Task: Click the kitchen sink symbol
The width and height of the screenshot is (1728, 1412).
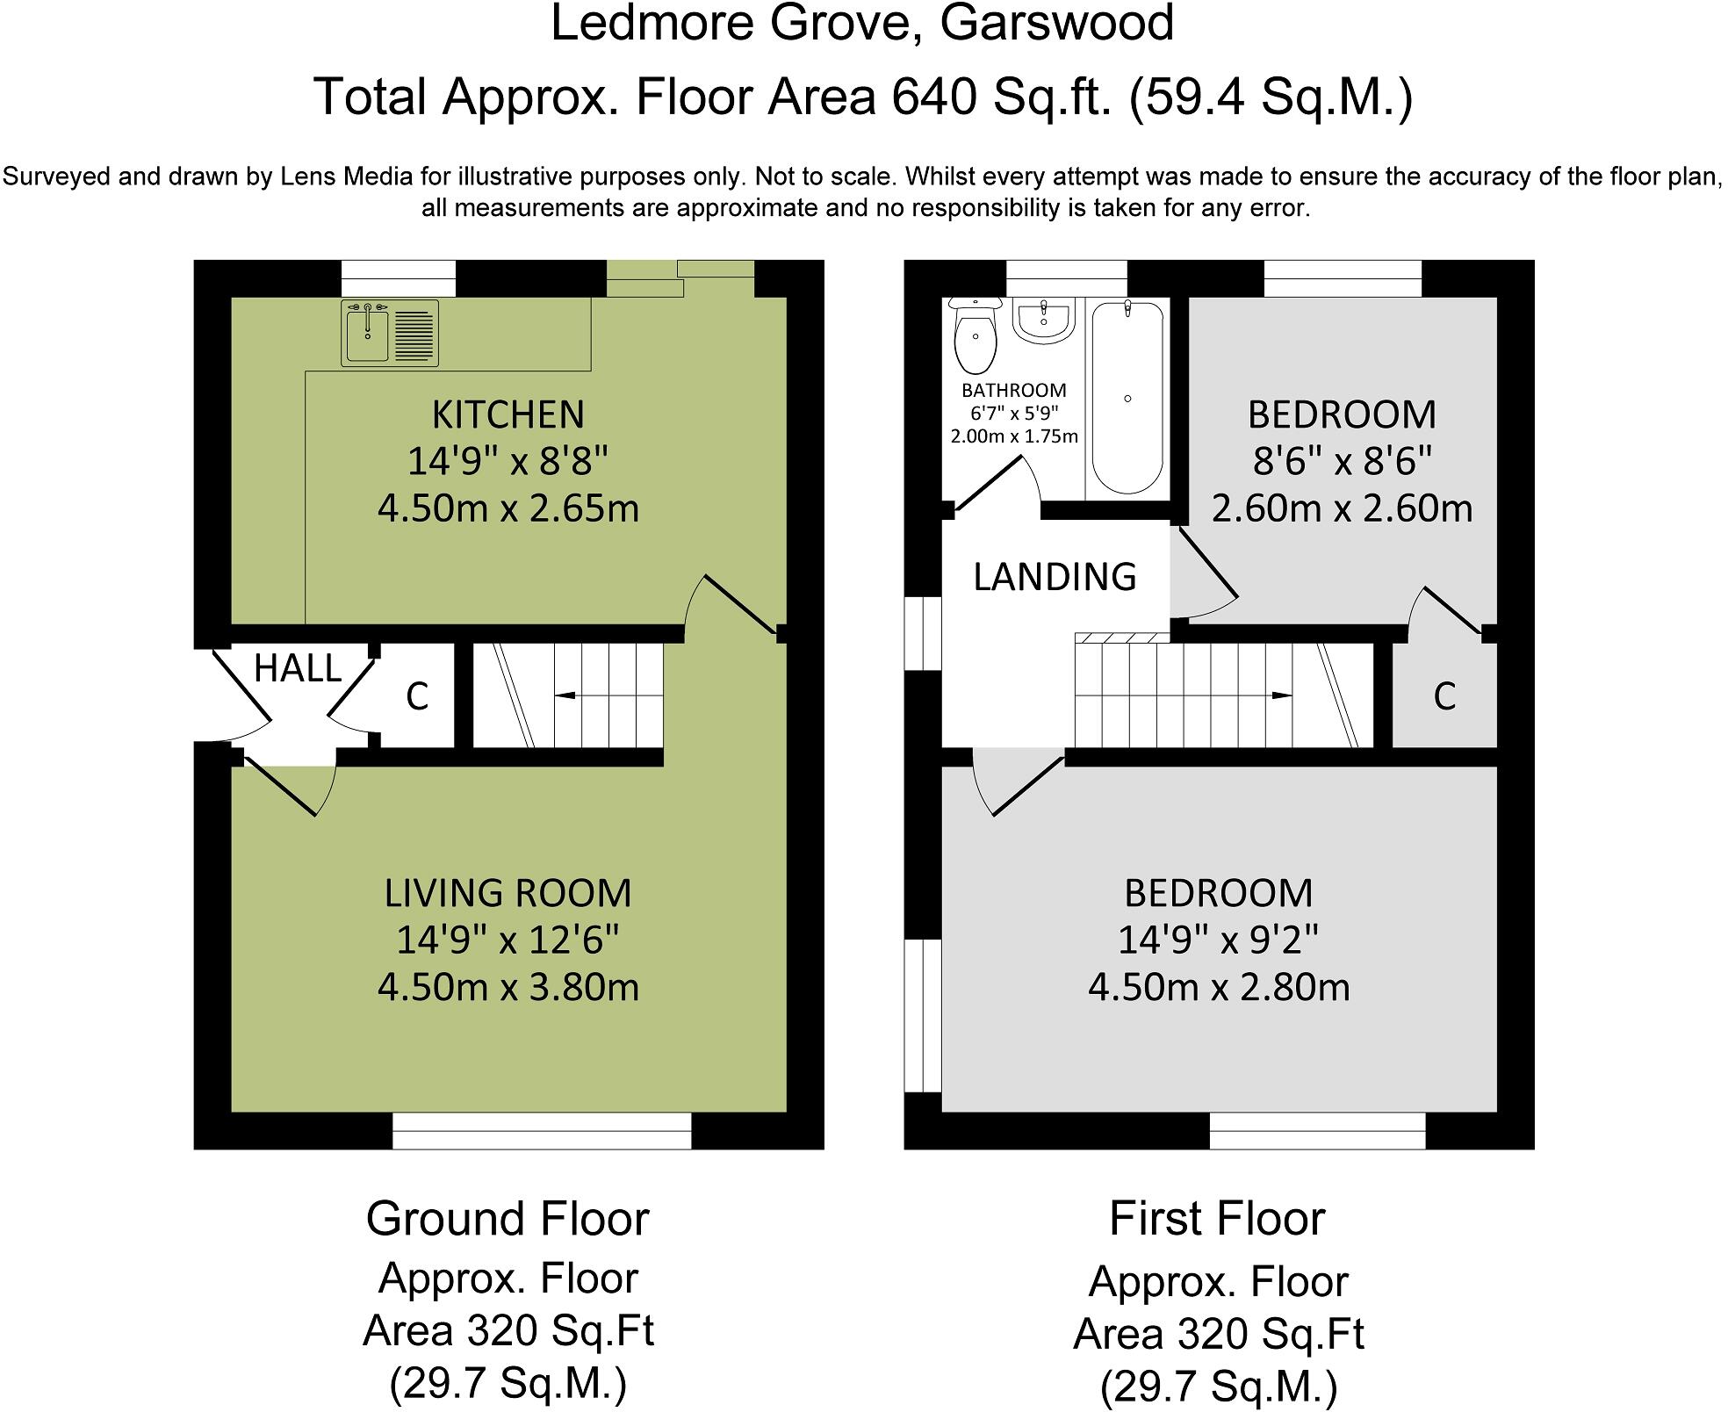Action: (390, 333)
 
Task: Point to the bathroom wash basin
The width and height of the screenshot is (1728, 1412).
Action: (1044, 321)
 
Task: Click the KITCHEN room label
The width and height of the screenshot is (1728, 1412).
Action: (508, 414)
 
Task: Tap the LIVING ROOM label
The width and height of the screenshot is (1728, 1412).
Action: (508, 893)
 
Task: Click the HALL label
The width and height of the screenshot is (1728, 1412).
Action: (298, 669)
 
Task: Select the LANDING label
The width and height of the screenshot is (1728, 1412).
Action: (1055, 577)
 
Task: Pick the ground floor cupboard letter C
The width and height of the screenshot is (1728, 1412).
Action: (417, 697)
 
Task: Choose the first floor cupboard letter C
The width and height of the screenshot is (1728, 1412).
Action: (1444, 696)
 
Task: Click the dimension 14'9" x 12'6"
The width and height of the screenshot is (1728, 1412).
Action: (508, 940)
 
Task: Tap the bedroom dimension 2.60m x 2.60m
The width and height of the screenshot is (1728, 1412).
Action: (1343, 508)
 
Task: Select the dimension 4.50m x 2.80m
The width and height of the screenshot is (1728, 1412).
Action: (1219, 988)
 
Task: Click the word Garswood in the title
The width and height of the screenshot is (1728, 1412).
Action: (1057, 24)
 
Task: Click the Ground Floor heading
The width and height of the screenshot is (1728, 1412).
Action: (508, 1219)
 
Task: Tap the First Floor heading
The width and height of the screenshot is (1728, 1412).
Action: (1218, 1219)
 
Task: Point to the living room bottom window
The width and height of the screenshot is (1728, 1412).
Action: (542, 1131)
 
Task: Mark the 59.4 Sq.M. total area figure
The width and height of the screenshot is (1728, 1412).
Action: (1271, 97)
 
